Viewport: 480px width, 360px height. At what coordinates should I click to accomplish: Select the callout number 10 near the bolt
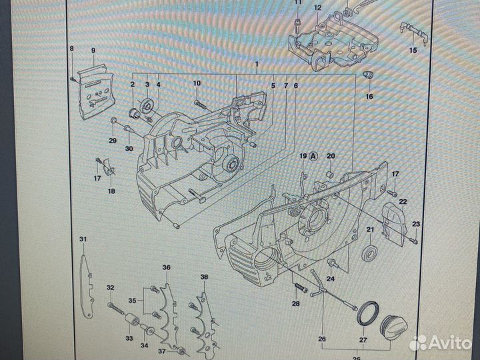(197, 83)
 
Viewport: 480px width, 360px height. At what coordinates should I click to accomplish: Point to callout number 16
(369, 96)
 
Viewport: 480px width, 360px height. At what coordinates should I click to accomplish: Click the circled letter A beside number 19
(314, 157)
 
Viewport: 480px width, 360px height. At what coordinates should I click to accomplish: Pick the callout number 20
(331, 156)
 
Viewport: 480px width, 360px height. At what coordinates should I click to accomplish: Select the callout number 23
(415, 224)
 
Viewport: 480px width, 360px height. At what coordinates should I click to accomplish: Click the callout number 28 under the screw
(295, 303)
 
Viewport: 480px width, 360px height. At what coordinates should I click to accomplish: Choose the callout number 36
(166, 268)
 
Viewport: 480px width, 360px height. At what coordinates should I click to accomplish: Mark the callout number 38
(203, 277)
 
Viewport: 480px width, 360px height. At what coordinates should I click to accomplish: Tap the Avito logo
(441, 342)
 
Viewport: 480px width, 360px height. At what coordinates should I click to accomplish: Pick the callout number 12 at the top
(317, 8)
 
